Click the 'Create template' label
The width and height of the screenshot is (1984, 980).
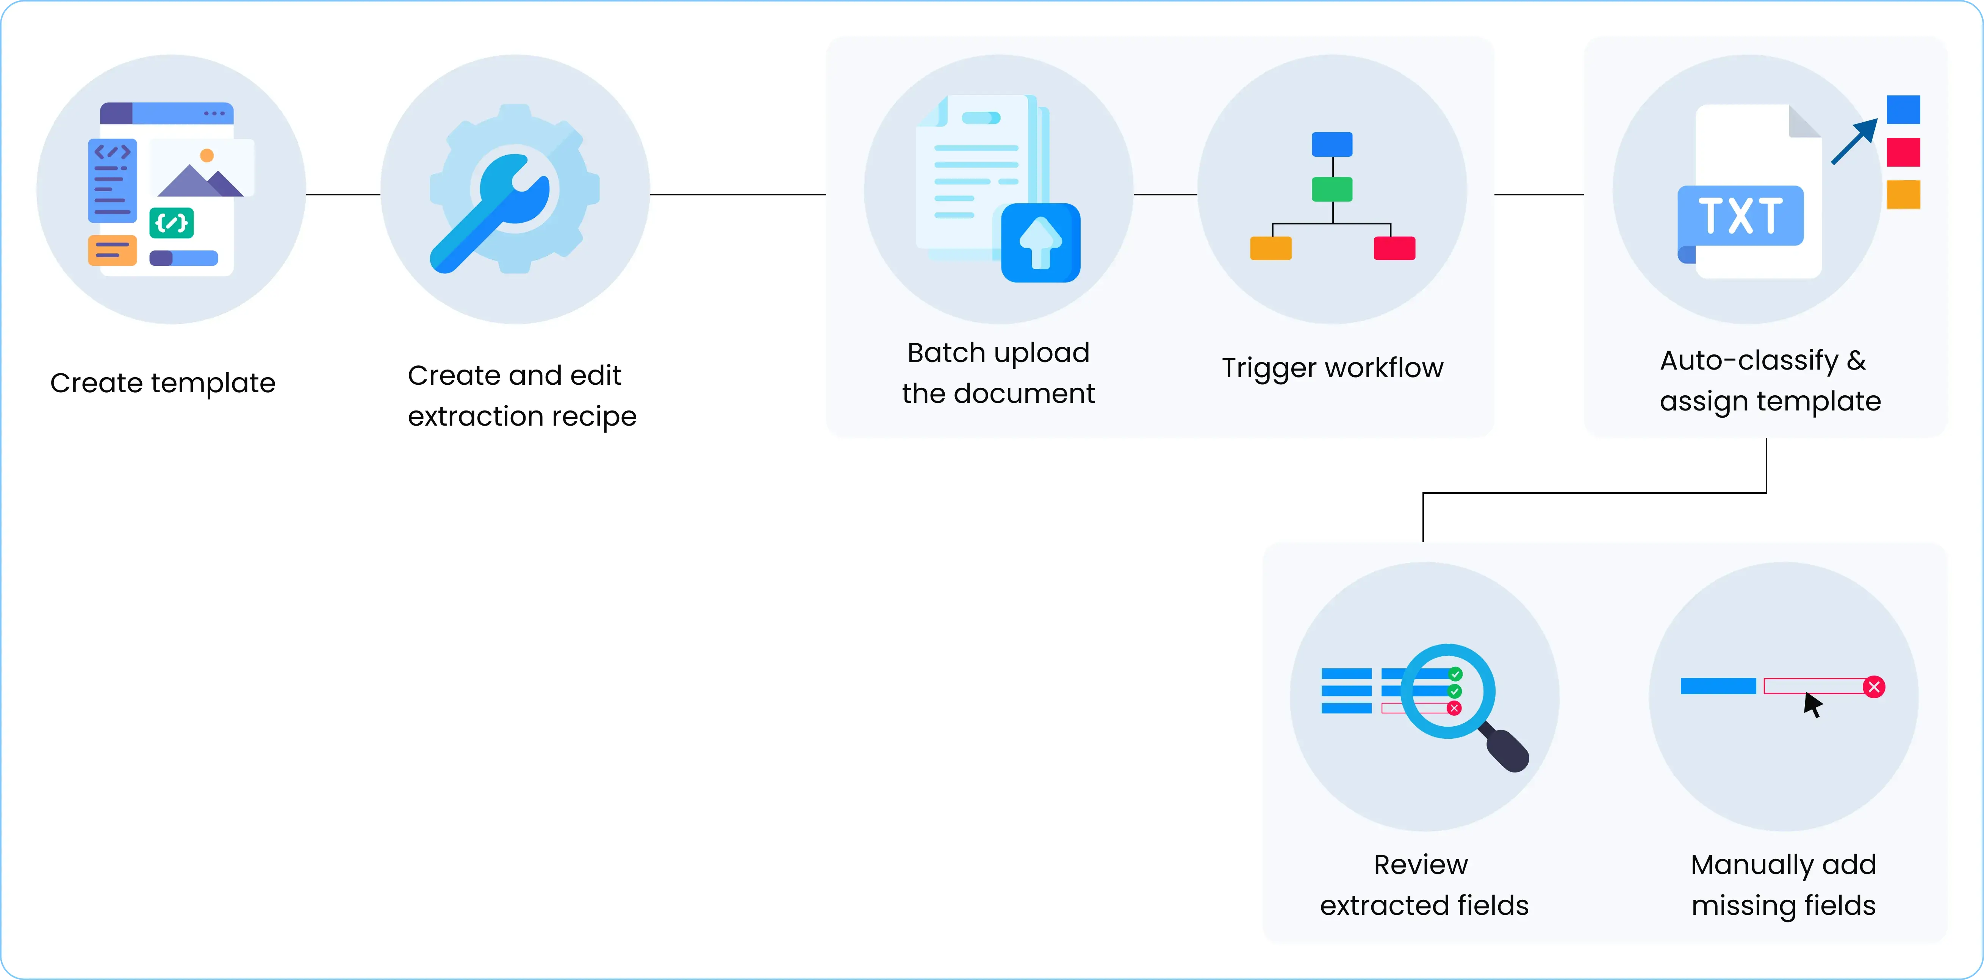point(163,382)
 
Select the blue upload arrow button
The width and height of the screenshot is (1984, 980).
point(1041,242)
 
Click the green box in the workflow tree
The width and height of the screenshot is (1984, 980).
point(1332,189)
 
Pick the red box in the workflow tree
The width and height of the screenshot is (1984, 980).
point(1394,248)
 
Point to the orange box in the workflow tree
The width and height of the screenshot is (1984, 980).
point(1270,248)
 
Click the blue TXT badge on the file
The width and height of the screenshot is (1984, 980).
point(1741,215)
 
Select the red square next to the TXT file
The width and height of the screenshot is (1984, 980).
point(1903,151)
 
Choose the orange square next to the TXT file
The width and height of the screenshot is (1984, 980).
point(1903,194)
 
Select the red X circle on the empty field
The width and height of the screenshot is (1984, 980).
point(1874,687)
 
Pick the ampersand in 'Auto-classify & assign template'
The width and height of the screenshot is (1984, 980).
point(1856,360)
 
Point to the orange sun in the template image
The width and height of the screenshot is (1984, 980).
point(207,156)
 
